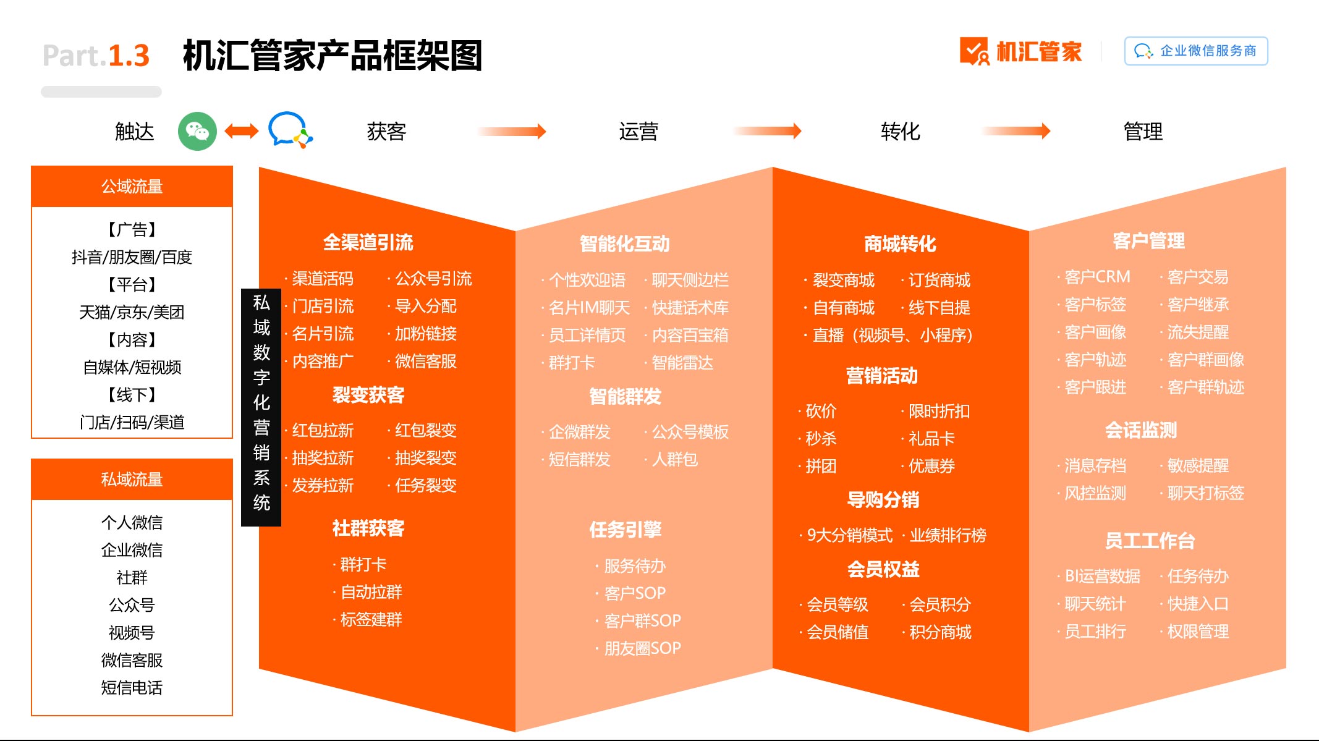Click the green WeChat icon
197,131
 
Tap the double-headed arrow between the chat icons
242,131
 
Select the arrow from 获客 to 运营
512,131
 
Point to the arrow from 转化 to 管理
1016,131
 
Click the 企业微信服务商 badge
1196,51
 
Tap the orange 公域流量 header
132,186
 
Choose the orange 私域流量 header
132,479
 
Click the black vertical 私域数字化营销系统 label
261,407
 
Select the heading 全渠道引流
368,242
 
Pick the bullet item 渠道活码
322,279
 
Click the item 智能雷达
682,362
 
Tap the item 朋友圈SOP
642,648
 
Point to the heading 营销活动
882,375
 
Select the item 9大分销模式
849,535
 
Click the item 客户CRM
1097,276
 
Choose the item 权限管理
1198,631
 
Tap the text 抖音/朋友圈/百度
132,256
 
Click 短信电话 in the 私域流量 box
132,687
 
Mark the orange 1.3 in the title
129,56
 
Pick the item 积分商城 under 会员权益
940,632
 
